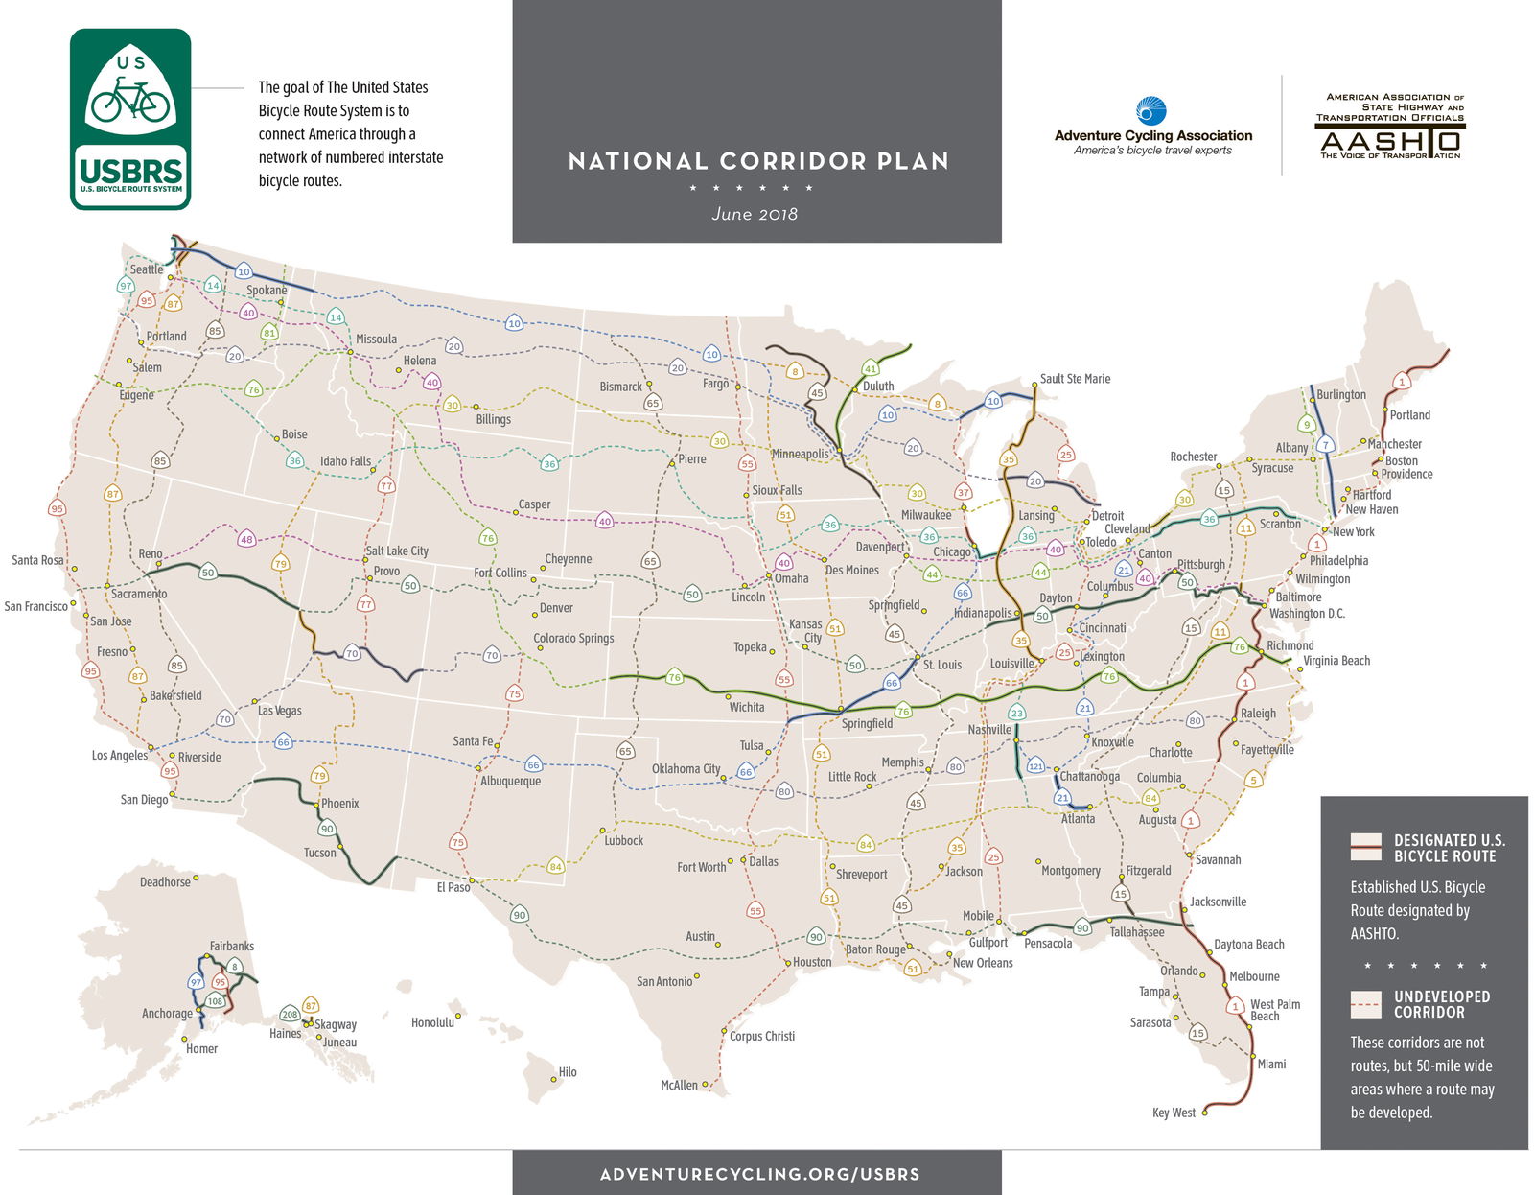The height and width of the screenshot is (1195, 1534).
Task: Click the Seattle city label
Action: tap(147, 269)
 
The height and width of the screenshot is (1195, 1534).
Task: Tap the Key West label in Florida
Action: tap(1174, 1113)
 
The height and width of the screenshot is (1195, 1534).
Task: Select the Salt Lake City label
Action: tap(396, 551)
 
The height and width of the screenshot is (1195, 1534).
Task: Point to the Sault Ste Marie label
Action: tap(1075, 379)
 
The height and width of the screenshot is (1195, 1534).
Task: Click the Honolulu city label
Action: tap(432, 1022)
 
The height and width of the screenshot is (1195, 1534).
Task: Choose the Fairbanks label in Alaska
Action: tap(232, 946)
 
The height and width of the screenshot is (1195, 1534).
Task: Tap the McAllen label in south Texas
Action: tap(679, 1085)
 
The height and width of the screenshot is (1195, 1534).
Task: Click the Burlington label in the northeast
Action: tap(1340, 394)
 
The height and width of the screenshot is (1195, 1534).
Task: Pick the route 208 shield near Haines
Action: tap(290, 1014)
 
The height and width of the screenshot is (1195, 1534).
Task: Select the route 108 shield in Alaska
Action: tap(215, 1001)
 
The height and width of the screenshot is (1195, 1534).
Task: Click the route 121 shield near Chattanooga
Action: tap(1035, 766)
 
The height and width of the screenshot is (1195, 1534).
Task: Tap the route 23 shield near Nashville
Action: tap(1016, 713)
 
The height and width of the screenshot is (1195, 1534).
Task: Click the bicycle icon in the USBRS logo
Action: tap(130, 100)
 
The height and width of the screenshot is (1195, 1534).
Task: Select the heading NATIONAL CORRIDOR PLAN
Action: tap(757, 161)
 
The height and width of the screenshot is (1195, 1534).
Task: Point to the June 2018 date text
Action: tap(755, 214)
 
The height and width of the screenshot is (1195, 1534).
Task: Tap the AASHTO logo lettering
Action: tap(1389, 143)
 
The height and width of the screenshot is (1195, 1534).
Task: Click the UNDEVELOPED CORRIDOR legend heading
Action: tap(1442, 1004)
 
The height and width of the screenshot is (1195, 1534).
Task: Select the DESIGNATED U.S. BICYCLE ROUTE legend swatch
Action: tap(1365, 847)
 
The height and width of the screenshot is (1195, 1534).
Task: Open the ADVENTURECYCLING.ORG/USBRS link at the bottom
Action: tap(758, 1174)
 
